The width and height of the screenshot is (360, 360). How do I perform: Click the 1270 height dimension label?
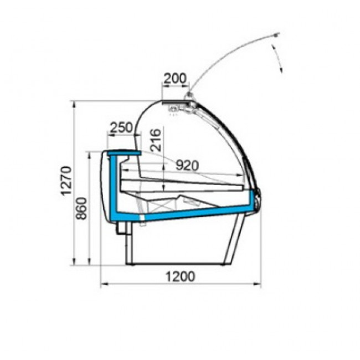coord(66,181)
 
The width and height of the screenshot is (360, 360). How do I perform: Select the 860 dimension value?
coord(81,208)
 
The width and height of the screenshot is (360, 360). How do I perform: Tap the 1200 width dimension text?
coord(180,276)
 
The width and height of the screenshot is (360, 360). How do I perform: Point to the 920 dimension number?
coord(187,165)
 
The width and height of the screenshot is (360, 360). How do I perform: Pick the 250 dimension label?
coord(121,127)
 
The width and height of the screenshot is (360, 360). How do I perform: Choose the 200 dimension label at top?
coord(176,78)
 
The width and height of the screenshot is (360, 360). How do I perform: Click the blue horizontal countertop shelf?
coord(124,152)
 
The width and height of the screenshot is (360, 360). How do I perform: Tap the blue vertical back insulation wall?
coord(113,184)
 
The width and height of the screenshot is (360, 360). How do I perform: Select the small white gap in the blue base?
coord(142,217)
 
